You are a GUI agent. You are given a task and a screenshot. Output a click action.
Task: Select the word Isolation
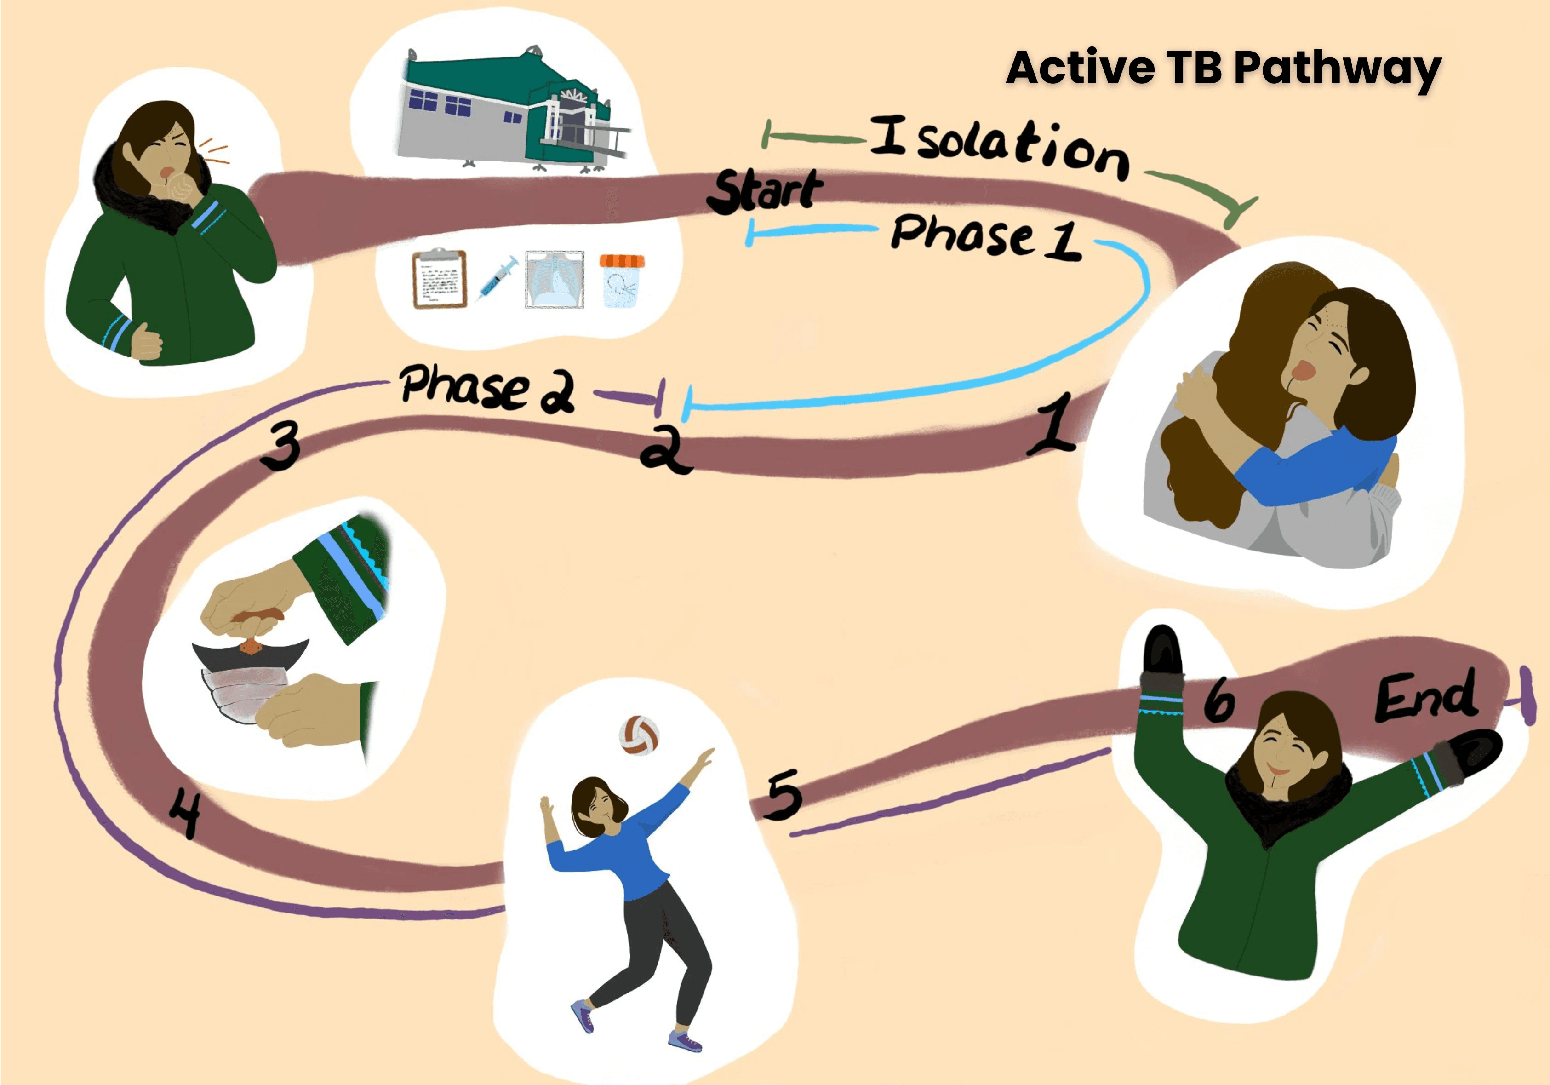[x=999, y=147]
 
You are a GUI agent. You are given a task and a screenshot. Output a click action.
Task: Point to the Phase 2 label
[x=486, y=388]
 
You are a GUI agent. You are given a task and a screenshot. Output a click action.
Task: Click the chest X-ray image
[x=554, y=280]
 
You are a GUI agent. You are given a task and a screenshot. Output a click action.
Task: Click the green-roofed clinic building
[x=513, y=111]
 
